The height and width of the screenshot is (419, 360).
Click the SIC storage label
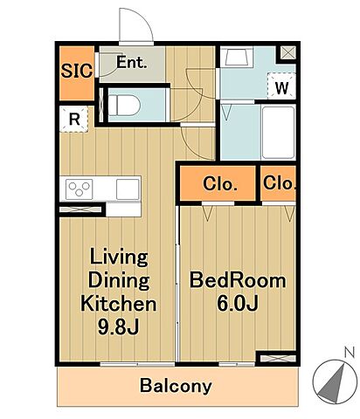coord(77,71)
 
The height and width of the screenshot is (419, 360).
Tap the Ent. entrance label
coord(131,62)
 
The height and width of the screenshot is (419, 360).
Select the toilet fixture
coord(124,105)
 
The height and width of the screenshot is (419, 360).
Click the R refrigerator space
coord(74,119)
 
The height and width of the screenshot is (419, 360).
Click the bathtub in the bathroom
coord(279,133)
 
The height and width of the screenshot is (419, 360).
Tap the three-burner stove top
coord(80,189)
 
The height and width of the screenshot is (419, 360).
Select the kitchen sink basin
coord(128,189)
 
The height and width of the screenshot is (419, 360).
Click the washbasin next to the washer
coord(237,57)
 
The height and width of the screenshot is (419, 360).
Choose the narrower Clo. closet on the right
coord(279,183)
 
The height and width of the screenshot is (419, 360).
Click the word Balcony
coord(176,386)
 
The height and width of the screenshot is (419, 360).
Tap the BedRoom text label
coord(238,280)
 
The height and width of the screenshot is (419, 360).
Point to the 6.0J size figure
coord(238,304)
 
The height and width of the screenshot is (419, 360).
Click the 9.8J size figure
coord(118,327)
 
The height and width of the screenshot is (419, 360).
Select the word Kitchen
coord(119,304)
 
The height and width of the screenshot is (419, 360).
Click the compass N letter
coord(350,353)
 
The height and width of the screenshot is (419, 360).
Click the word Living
coord(119,258)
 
